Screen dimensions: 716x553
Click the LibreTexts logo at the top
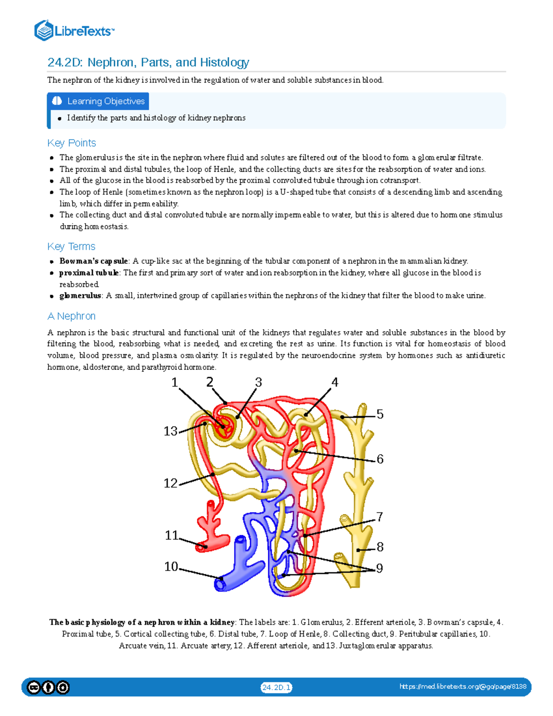74,31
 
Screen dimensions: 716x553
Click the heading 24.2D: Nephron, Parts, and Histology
148,62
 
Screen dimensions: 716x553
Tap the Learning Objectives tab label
106,101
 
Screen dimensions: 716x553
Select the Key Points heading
71,143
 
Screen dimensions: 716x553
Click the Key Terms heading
71,246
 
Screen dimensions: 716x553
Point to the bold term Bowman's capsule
94,261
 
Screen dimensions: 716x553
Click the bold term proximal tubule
89,273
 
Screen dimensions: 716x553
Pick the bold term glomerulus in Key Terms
80,296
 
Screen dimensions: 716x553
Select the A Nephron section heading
71,316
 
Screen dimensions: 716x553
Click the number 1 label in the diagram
175,382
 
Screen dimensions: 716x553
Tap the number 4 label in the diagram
335,382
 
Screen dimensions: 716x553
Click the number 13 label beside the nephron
171,431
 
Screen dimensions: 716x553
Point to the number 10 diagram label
171,566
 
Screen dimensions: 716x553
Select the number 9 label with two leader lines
379,568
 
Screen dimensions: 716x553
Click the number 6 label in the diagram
380,459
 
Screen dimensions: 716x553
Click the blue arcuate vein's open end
220,585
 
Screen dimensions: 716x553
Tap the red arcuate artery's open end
201,547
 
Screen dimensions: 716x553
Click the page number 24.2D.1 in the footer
276,687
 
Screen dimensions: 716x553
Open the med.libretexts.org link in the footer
463,686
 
